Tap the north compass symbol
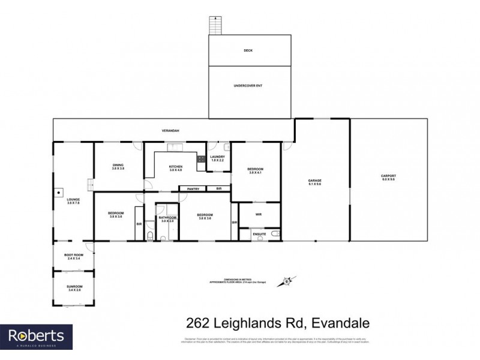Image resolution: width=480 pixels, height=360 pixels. click(287, 280)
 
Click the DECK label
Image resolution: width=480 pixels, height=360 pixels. click(248, 50)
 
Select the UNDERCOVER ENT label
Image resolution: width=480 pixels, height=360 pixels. click(248, 86)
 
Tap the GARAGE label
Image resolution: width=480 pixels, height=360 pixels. click(315, 180)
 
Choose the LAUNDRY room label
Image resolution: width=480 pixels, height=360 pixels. click(218, 158)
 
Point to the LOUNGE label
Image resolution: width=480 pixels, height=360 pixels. click(73, 201)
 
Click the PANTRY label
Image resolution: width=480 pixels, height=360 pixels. click(193, 189)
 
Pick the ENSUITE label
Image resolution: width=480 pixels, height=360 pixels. click(259, 232)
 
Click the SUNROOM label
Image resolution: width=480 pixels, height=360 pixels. click(74, 288)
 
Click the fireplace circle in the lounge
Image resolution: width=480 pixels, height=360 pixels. click(59, 193)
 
